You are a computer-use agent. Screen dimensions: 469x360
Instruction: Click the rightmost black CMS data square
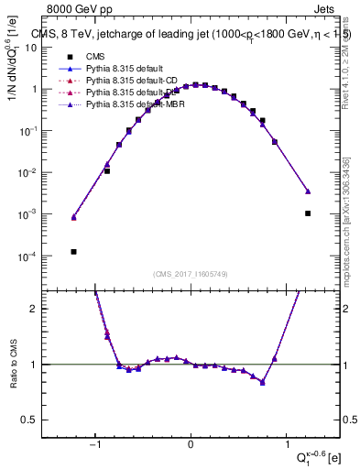tap(308, 213)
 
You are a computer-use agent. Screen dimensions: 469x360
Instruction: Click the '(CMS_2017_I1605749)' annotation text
tap(191, 274)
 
